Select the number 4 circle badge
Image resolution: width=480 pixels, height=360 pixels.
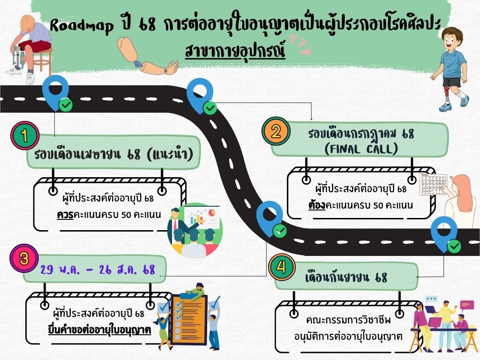tap(281, 267)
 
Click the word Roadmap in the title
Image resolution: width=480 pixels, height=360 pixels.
tap(81, 26)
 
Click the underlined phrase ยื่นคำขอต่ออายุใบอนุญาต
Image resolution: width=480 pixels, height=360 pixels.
tap(99, 329)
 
